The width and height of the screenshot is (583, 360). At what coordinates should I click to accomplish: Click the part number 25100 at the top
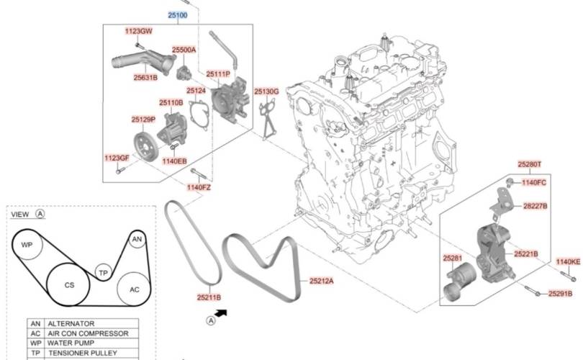coord(178,15)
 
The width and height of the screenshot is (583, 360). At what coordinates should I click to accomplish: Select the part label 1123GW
coord(139,31)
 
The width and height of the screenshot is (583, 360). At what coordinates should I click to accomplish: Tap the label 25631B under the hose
coord(145,77)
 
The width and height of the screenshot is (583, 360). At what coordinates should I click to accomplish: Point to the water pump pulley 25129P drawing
coord(146,146)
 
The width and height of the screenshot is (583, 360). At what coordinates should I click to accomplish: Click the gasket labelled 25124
coord(199,115)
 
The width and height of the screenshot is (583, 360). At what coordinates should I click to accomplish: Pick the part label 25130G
coord(266,91)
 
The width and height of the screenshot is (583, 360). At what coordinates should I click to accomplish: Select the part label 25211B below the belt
coord(209,297)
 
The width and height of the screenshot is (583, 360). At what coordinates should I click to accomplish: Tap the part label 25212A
coord(322,281)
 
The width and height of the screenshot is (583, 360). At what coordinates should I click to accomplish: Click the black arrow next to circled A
coord(221,313)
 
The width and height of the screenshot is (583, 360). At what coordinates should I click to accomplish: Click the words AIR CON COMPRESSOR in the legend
coord(88,333)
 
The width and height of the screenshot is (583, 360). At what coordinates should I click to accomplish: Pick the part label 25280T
coord(530,164)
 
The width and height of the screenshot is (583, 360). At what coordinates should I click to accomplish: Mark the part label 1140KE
coord(568,262)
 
